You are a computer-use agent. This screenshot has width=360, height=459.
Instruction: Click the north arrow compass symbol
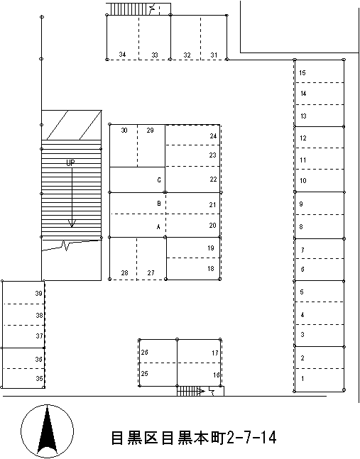(x=47, y=430)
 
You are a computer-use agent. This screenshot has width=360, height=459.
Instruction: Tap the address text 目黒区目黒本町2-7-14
(x=193, y=438)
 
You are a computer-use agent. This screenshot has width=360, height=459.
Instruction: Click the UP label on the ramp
(x=70, y=163)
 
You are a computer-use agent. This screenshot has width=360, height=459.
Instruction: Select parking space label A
(x=158, y=226)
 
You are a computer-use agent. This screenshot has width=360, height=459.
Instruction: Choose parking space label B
(x=158, y=204)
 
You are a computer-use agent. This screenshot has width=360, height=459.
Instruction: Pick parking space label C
(x=159, y=180)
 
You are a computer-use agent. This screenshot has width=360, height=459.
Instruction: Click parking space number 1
(x=302, y=379)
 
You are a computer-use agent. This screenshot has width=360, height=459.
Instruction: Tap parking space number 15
(x=302, y=73)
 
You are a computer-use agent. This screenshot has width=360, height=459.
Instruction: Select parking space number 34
(x=123, y=55)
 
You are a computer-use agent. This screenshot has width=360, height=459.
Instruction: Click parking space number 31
(x=214, y=55)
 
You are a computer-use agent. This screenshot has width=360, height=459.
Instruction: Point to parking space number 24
(x=212, y=136)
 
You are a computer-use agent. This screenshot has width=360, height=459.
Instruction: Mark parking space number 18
(x=211, y=269)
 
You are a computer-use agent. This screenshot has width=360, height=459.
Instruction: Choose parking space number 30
(x=124, y=131)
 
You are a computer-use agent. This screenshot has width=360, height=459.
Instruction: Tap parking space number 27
(x=151, y=273)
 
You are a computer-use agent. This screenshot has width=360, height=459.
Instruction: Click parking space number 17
(x=215, y=353)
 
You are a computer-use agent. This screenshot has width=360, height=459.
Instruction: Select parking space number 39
(x=39, y=294)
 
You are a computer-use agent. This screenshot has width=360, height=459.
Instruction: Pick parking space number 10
(x=302, y=181)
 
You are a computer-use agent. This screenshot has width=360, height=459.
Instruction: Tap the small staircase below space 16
(x=187, y=391)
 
